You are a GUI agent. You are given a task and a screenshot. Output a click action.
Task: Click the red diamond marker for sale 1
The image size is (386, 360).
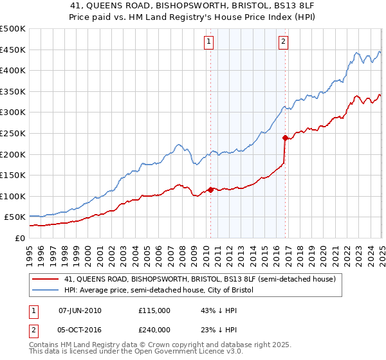pos(210,190)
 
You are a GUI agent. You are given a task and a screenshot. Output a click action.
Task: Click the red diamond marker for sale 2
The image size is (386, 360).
pos(284,138)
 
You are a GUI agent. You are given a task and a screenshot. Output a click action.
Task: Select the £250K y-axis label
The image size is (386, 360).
pos(13,133)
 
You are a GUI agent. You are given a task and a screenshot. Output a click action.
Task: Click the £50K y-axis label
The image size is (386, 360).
pos(15,217)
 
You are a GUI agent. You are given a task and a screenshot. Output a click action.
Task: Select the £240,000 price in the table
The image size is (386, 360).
pos(154,330)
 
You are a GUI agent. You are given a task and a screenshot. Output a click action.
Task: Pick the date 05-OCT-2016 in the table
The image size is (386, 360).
pos(80,330)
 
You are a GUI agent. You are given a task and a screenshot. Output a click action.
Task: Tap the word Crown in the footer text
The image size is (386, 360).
pos(156,345)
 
